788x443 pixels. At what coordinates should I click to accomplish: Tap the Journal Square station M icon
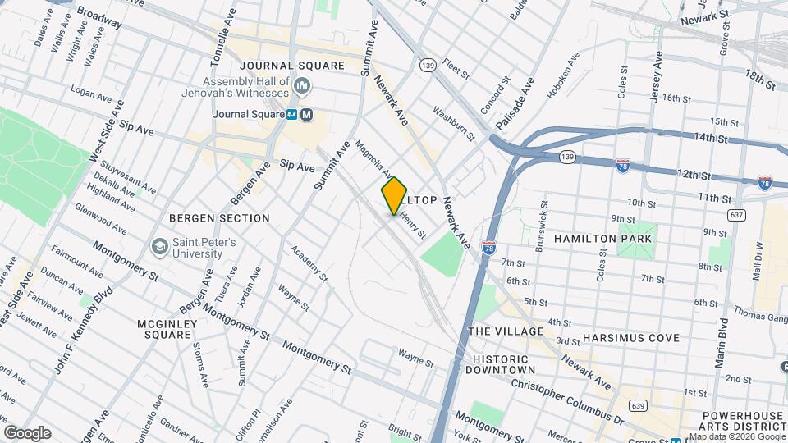pos(306,115)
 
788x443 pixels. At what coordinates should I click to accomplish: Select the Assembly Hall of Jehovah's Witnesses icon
pos(302,85)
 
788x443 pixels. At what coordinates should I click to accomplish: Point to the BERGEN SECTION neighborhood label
pos(219,218)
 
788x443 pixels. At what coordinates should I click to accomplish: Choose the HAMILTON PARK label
pos(602,239)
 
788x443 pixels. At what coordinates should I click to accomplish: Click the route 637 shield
pos(736,215)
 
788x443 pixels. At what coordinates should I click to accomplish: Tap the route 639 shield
pos(639,405)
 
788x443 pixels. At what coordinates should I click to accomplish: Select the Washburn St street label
pos(454,121)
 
